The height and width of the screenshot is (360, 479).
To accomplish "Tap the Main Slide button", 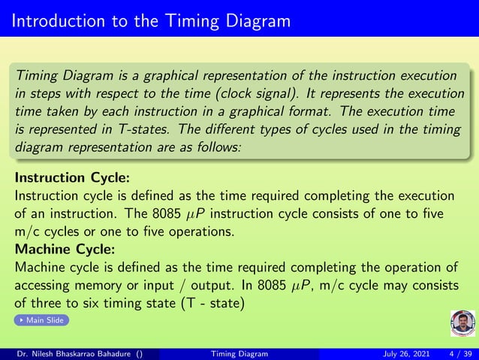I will tap(41, 320).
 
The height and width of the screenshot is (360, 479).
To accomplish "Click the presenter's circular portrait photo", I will tap(462, 324).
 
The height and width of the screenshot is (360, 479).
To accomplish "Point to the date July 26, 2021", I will tap(405, 354).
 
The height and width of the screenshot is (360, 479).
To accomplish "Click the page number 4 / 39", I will tap(460, 354).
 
